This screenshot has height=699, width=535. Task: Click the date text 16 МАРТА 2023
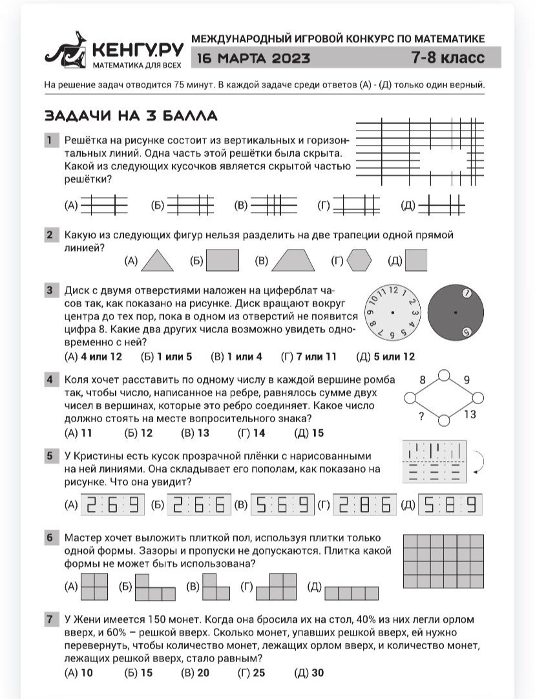(x=253, y=58)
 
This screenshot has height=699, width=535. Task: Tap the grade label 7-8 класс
(x=448, y=58)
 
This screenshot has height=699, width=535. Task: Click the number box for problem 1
(x=49, y=140)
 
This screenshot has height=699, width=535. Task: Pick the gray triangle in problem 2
(x=157, y=261)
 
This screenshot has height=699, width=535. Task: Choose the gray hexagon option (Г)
(x=359, y=261)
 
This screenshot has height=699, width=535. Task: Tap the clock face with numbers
(x=393, y=312)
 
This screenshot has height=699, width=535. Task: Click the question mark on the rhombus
(x=421, y=416)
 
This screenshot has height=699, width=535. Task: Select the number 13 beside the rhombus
(x=469, y=414)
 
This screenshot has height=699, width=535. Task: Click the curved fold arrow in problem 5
(x=479, y=462)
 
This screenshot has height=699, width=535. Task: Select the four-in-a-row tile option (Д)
(x=351, y=593)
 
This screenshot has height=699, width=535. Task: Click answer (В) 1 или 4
(x=236, y=357)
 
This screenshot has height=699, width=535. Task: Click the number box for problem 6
(x=49, y=538)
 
